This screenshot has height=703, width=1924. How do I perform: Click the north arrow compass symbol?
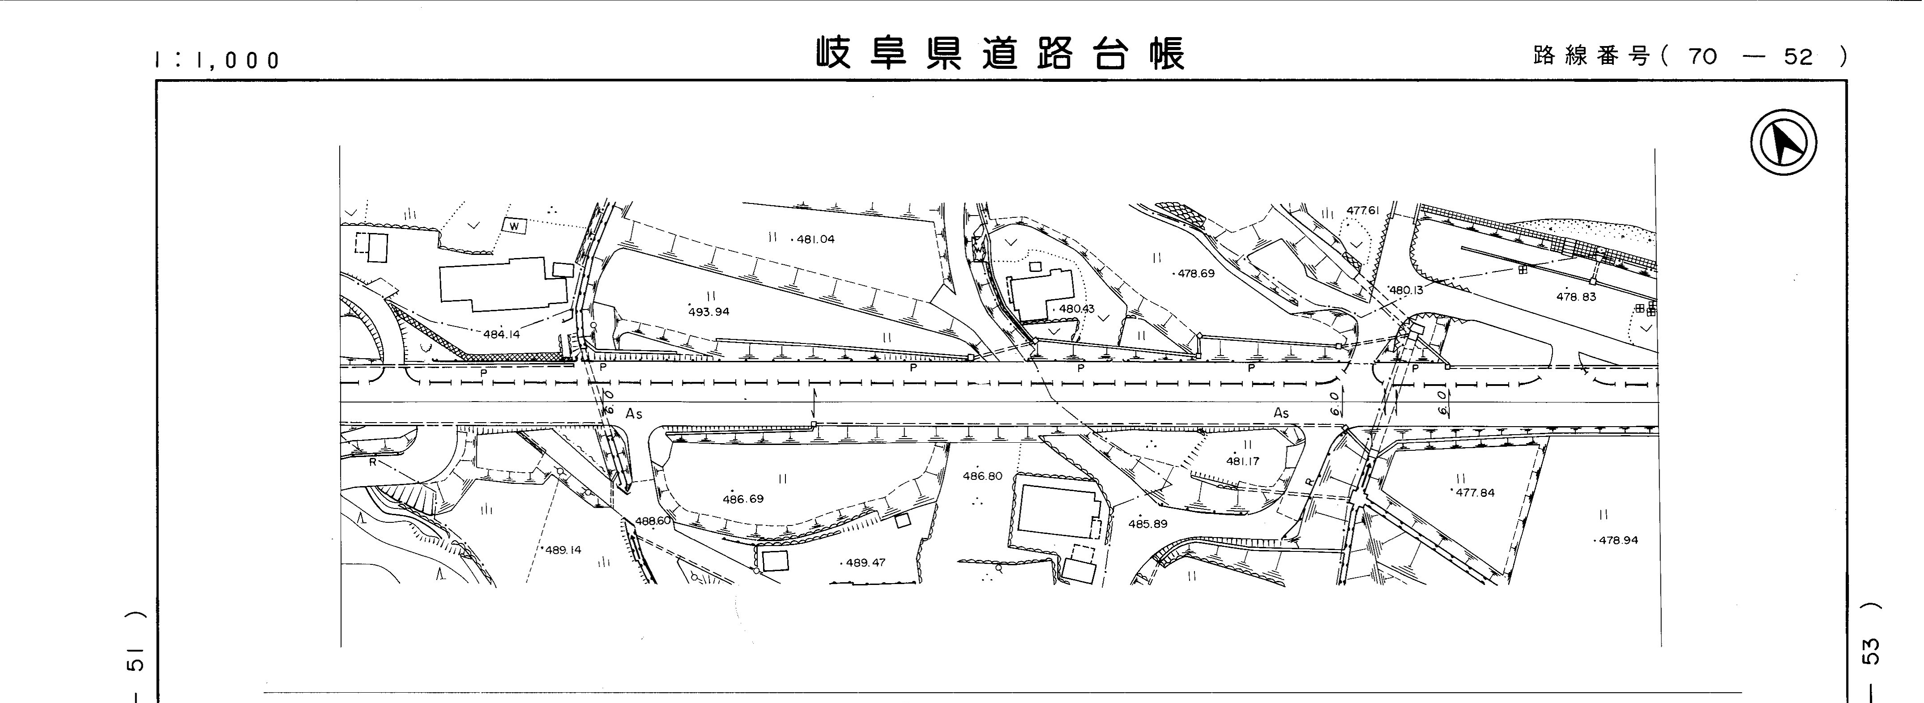point(1783,143)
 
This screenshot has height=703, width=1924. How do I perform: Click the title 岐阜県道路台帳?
point(1000,54)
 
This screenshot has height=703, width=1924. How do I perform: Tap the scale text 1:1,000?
point(218,60)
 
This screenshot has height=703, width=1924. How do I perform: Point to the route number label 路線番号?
point(1591,56)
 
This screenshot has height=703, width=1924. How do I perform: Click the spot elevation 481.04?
point(815,240)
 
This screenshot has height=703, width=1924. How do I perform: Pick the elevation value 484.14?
point(501,335)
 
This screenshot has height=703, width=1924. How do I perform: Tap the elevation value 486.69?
point(743,499)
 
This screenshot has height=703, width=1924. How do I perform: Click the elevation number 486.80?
point(982,476)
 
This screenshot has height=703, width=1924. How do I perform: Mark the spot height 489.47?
point(865,563)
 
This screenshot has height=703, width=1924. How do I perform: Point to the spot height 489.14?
point(563,550)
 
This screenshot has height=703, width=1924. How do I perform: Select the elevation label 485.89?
point(1147,524)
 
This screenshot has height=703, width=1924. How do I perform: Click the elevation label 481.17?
point(1242,461)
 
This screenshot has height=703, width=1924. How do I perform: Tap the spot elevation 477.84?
point(1475,492)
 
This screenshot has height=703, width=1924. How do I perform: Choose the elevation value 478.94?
point(1618,540)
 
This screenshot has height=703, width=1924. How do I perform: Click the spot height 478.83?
point(1576,297)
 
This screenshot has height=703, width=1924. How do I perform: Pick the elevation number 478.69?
point(1196,274)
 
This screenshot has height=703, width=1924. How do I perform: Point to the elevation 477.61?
point(1362,211)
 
